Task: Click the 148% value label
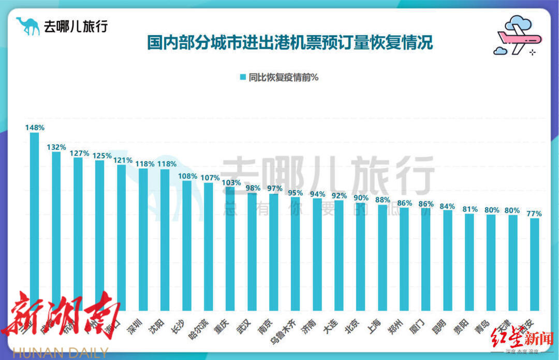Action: [x=35, y=127]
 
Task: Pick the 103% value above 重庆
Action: [x=231, y=182]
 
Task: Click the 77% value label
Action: [x=534, y=213]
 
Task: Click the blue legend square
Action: [x=242, y=77]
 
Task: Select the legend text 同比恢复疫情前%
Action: [x=283, y=77]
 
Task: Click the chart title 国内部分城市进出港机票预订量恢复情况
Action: [x=290, y=42]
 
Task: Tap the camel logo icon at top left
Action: [x=27, y=25]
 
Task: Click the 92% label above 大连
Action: [x=339, y=196]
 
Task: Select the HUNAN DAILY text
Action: [x=60, y=353]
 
